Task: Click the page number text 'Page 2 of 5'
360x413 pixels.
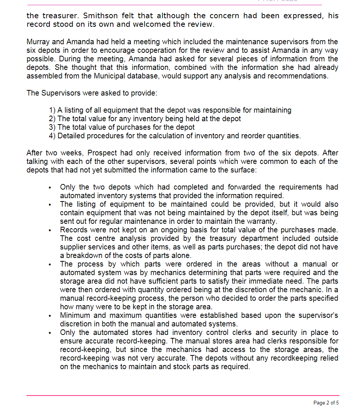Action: point(326,403)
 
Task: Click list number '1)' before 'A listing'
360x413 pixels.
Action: point(52,110)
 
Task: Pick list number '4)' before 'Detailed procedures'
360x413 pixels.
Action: point(52,136)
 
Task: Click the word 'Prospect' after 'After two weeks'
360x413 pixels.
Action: point(102,153)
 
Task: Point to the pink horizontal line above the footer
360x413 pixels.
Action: point(182,395)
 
